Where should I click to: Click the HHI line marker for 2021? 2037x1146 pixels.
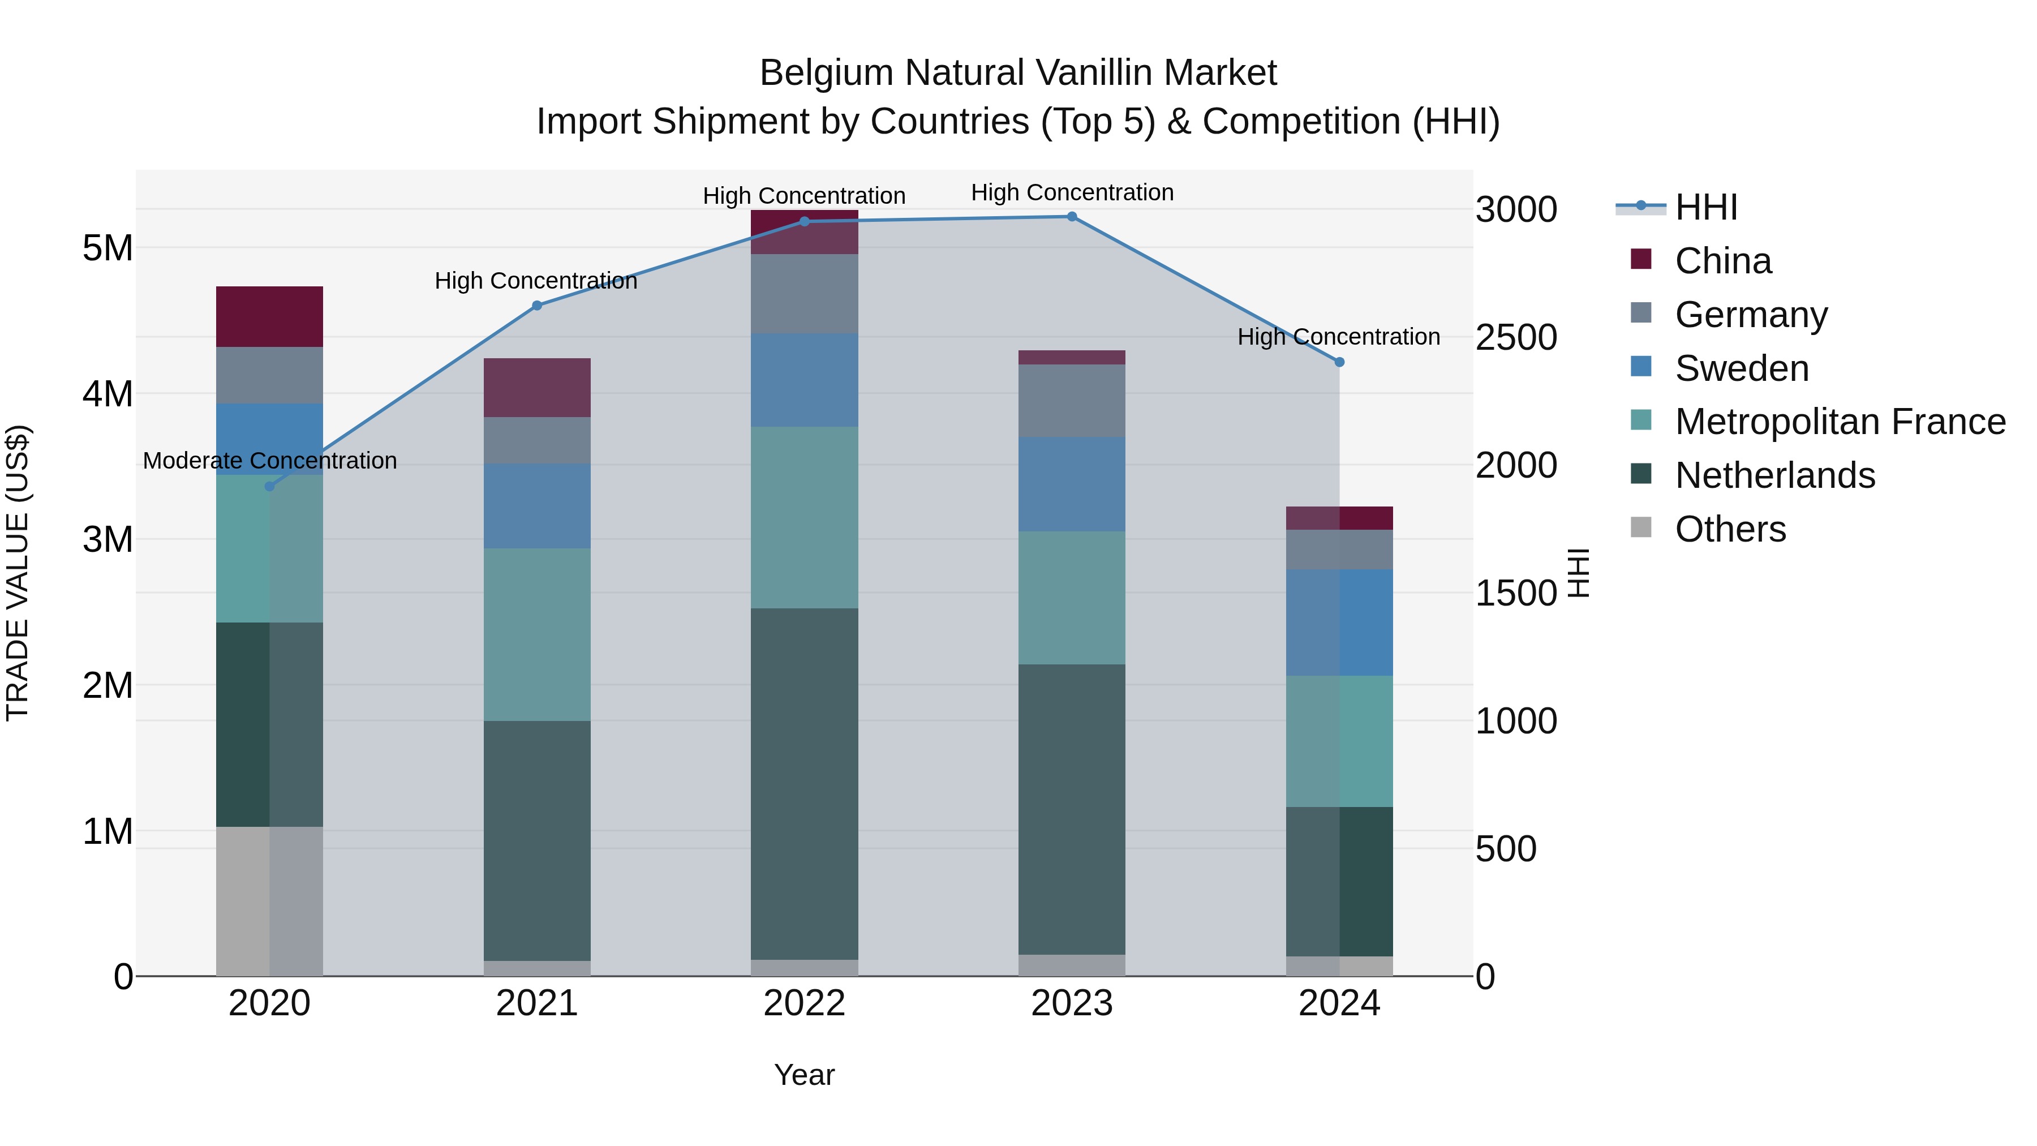tap(537, 305)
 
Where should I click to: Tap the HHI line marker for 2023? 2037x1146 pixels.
tap(1072, 216)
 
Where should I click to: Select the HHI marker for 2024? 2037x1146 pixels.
tap(1339, 362)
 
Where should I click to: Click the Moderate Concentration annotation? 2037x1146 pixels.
tap(270, 460)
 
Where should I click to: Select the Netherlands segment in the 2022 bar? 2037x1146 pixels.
tap(804, 783)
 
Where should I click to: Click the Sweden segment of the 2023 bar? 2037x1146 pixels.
tap(1072, 483)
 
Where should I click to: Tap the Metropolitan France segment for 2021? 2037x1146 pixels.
tap(537, 634)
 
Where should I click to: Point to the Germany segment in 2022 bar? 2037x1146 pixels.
tap(804, 293)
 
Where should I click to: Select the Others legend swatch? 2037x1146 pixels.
tap(1641, 527)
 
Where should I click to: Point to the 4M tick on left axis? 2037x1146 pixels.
tap(108, 394)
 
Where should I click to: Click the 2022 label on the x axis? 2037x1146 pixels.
tap(804, 1003)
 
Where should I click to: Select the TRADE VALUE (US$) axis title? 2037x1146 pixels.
tap(18, 573)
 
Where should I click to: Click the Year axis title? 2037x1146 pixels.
tap(804, 1075)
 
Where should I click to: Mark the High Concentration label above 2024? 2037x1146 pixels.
tap(1338, 337)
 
